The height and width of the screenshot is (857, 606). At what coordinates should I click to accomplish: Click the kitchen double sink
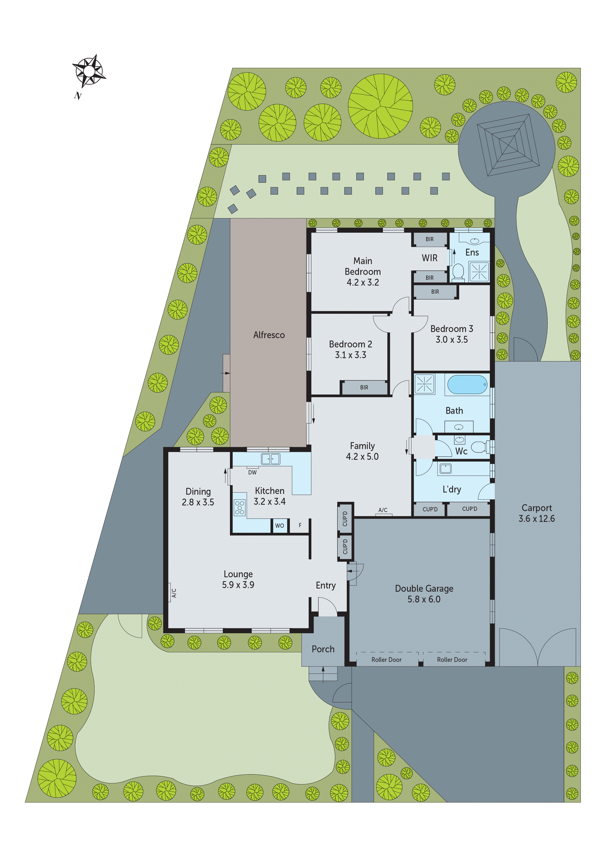tap(271, 459)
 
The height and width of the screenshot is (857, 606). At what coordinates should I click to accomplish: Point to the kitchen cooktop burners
tap(240, 508)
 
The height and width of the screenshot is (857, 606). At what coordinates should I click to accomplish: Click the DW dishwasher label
tap(252, 472)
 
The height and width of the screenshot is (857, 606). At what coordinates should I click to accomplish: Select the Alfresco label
tap(269, 335)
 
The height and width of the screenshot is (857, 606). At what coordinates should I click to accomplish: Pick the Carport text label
tap(537, 508)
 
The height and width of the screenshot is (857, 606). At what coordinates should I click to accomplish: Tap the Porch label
tap(323, 649)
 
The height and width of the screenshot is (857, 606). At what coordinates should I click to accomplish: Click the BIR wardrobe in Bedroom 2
tap(364, 387)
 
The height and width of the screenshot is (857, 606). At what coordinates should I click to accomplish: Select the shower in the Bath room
tap(424, 384)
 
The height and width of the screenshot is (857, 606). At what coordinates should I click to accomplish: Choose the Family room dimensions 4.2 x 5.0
tap(362, 457)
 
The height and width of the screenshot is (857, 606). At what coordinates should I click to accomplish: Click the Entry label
tap(325, 585)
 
